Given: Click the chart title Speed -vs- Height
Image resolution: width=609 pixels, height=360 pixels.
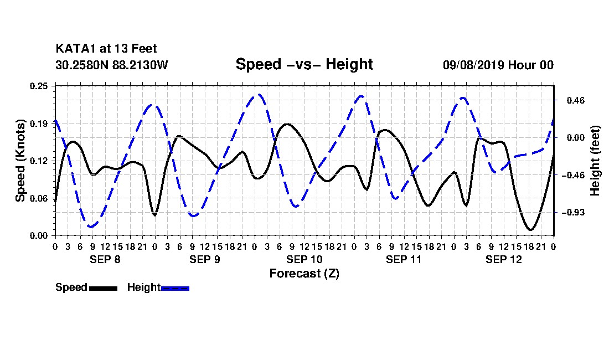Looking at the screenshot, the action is (304, 64).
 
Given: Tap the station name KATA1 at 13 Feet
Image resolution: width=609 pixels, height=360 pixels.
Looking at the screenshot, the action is (106, 49).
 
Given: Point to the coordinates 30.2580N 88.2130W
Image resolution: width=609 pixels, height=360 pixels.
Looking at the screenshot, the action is (112, 65).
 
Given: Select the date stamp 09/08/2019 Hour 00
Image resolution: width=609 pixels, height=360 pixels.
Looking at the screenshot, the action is (498, 65).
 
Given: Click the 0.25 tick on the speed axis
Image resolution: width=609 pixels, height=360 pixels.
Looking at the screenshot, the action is (39, 86).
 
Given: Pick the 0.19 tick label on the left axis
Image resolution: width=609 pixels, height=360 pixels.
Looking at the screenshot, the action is (39, 124).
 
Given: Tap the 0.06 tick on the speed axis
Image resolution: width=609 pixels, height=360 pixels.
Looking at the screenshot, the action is (39, 198).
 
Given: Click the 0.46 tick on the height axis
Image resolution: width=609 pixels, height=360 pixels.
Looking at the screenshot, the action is (576, 101).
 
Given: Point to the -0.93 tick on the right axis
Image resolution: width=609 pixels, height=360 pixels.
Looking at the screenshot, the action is (573, 213).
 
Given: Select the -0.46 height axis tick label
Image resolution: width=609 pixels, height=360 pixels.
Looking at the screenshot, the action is (573, 175).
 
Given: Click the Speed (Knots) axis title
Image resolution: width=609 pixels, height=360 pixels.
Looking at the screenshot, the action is (20, 161).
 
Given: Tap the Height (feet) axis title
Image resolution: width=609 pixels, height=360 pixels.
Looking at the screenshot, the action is (595, 161).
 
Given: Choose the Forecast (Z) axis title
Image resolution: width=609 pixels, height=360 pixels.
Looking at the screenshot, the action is (304, 274).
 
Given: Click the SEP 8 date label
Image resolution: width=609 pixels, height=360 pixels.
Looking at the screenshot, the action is (105, 259).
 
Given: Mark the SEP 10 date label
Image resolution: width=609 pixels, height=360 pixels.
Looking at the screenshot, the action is (304, 259).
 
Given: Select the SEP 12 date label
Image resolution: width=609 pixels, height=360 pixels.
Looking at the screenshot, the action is (504, 259).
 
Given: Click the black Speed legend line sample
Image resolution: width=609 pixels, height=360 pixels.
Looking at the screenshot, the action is (104, 288).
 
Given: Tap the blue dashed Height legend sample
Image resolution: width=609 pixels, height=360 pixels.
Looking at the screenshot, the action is (175, 288).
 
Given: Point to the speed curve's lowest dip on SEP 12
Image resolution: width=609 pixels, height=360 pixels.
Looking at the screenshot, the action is (530, 229).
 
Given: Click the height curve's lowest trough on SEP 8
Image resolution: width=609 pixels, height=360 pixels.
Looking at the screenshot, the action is (91, 227).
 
